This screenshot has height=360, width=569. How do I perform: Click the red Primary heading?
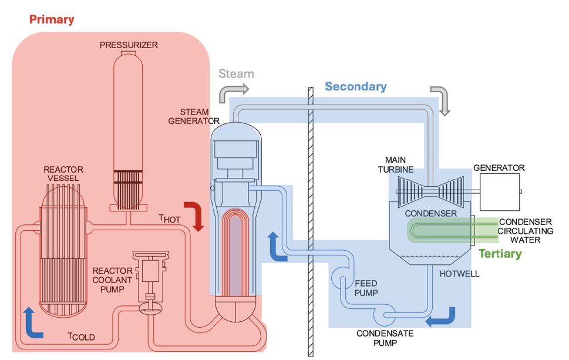coord(52,19)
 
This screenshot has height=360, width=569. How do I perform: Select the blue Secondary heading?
coord(355,87)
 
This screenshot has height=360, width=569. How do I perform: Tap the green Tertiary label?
coord(500,254)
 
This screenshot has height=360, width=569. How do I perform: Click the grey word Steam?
coord(236,74)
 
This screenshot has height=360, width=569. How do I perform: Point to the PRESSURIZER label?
coord(129,45)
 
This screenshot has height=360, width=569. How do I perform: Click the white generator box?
coord(500,191)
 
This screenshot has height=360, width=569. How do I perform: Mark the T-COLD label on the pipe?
coord(81,337)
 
